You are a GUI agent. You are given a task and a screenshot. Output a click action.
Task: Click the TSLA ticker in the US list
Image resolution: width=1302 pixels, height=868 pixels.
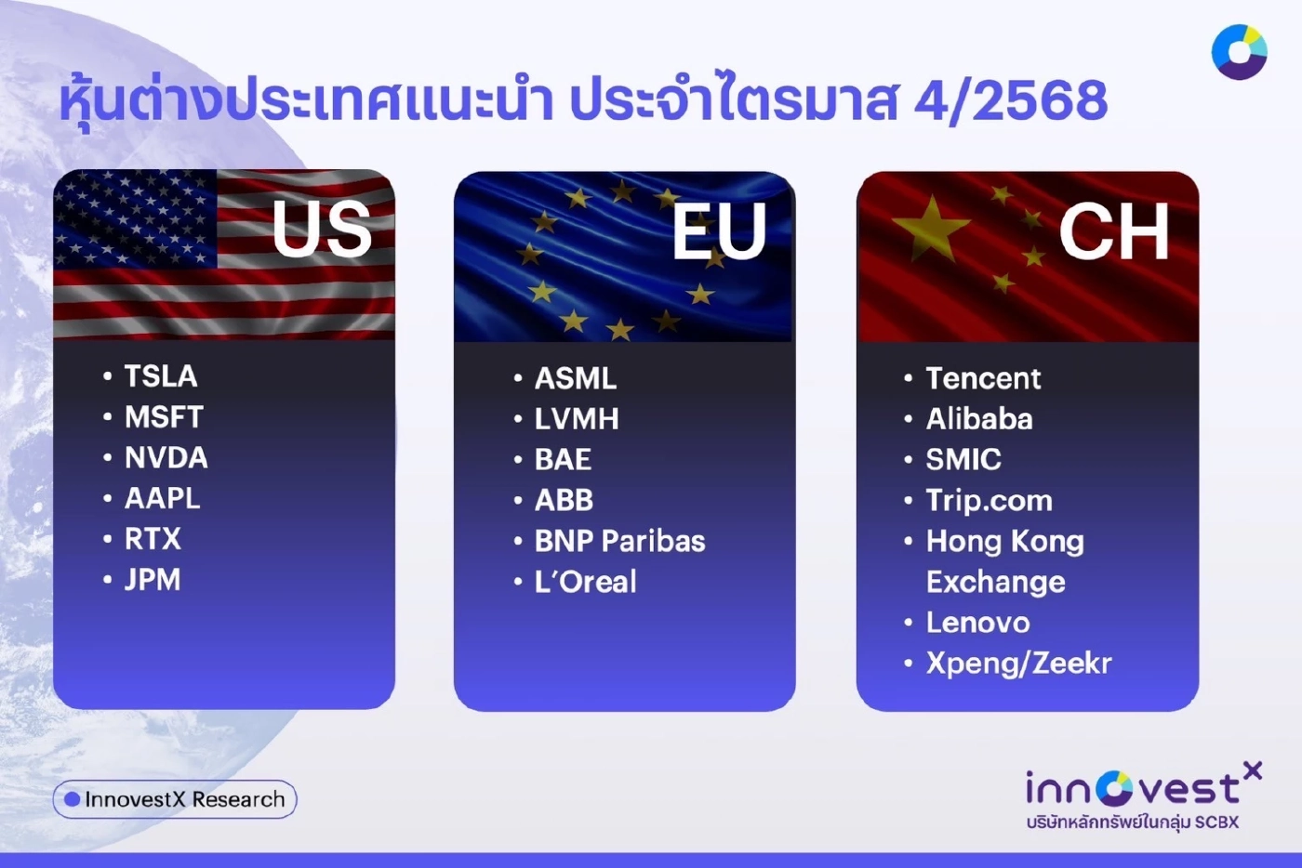[161, 376]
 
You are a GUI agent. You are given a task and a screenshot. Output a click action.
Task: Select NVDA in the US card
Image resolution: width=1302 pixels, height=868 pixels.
[166, 457]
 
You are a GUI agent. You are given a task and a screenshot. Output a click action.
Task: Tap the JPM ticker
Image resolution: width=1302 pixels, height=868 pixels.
[153, 580]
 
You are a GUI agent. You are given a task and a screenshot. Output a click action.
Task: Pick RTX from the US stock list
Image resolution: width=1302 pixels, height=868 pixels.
[153, 539]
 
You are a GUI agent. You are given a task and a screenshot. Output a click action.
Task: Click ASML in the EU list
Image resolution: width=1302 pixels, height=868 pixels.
[575, 378]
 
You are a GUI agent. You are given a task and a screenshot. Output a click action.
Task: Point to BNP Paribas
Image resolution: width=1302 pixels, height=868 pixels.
[619, 541]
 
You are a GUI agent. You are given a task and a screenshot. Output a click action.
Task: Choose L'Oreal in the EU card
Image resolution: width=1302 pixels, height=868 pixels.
[585, 582]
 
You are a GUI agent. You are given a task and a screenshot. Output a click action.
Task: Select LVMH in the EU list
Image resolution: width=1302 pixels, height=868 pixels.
[577, 419]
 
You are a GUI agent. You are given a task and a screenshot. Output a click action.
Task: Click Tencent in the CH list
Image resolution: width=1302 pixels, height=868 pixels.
[983, 378]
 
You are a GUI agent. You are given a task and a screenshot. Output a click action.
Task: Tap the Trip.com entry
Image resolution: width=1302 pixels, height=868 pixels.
[989, 501]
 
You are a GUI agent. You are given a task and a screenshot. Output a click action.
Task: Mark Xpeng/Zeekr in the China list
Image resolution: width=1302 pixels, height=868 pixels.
[1018, 664]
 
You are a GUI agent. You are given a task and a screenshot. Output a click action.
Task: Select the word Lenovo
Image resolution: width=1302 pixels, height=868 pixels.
[977, 623]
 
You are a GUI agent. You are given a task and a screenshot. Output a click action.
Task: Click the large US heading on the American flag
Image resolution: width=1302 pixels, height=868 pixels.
[322, 230]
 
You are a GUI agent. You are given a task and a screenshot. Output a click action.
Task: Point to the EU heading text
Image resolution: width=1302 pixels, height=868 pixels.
[719, 232]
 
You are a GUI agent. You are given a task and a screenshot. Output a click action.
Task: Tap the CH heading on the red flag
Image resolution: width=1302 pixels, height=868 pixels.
[1113, 232]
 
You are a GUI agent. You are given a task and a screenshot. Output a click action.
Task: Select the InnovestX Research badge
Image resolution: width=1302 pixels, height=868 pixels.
[175, 799]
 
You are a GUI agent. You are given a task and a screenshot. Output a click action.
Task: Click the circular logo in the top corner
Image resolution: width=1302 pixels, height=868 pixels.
[1239, 52]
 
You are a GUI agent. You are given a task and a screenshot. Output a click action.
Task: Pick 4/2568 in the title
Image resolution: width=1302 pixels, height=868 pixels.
[1011, 100]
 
